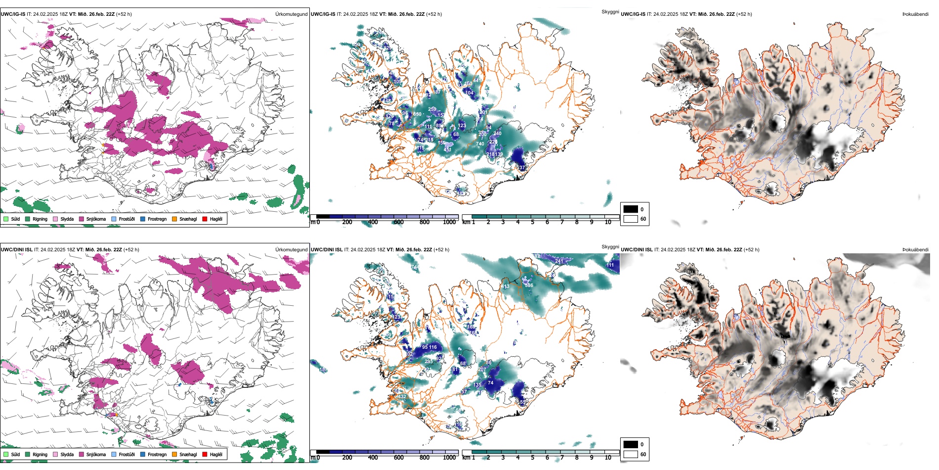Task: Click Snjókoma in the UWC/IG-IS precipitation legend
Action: click(x=96, y=219)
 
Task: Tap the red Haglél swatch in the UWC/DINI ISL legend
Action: click(x=205, y=454)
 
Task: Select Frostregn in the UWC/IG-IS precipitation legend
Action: click(x=157, y=219)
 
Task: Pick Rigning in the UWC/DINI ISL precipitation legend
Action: click(x=40, y=454)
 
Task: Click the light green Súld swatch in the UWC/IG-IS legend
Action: click(x=6, y=219)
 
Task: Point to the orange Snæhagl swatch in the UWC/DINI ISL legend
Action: click(x=174, y=454)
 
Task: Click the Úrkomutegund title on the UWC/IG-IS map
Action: click(x=291, y=14)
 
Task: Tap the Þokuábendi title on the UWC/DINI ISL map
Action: click(x=915, y=250)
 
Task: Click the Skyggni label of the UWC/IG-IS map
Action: click(x=610, y=11)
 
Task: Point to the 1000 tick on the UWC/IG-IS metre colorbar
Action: click(x=449, y=222)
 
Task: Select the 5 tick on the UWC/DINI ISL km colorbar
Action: click(x=532, y=458)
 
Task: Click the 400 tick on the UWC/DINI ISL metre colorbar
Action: click(x=373, y=458)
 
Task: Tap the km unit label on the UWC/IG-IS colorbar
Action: click(x=466, y=222)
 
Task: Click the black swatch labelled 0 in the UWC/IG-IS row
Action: click(x=631, y=209)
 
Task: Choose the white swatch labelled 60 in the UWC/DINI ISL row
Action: click(x=631, y=454)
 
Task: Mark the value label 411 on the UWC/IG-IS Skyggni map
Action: click(x=447, y=149)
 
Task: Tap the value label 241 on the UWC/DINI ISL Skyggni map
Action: click(x=559, y=261)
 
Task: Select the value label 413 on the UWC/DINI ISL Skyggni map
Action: click(x=505, y=286)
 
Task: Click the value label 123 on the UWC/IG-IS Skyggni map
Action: click(x=462, y=126)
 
